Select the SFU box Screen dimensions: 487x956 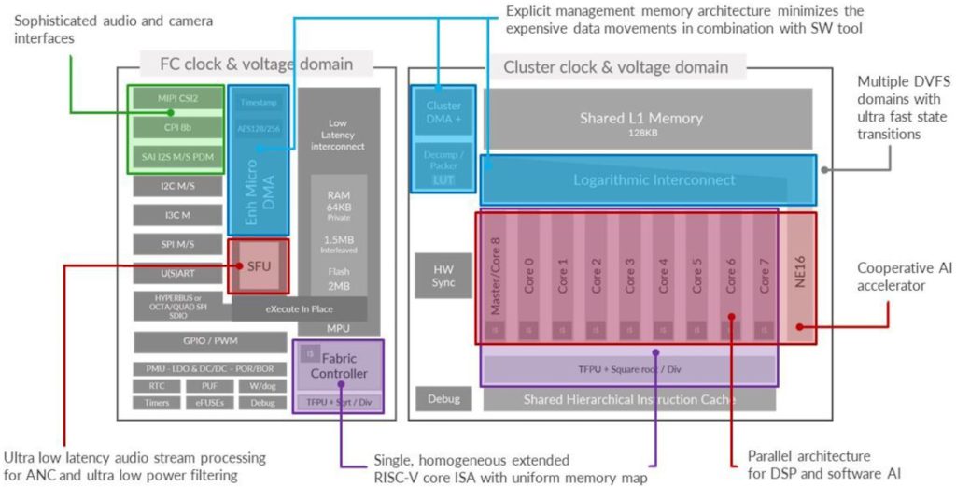pos(259,266)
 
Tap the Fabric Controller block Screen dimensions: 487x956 pos(338,365)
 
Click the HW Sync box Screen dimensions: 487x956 pos(443,276)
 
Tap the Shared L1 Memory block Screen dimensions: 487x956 pos(640,120)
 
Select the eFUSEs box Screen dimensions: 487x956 pos(210,402)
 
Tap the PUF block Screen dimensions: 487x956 pos(210,385)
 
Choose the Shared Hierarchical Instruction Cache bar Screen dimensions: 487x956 pos(629,399)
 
